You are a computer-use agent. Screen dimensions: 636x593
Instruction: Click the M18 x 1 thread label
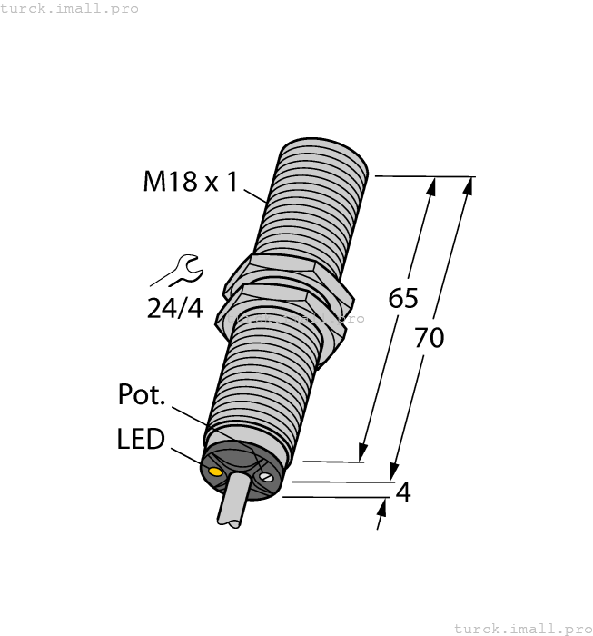tap(190, 182)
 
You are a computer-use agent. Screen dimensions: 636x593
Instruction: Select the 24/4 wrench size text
tap(175, 308)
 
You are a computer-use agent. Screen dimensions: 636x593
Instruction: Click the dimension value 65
tap(403, 297)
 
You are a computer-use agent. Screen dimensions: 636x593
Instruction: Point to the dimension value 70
tap(429, 338)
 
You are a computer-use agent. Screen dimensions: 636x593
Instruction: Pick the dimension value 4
tap(404, 492)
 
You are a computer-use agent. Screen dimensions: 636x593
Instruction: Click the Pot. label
tap(143, 395)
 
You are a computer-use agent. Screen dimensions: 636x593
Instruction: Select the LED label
tap(141, 440)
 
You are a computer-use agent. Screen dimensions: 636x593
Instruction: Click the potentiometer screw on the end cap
tap(266, 475)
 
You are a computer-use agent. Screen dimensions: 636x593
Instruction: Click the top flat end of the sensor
tap(321, 150)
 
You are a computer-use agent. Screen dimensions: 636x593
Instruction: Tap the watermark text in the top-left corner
tap(70, 8)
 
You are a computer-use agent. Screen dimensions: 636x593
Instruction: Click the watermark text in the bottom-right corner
tap(522, 628)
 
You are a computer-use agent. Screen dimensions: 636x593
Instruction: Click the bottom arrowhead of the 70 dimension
tap(393, 472)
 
